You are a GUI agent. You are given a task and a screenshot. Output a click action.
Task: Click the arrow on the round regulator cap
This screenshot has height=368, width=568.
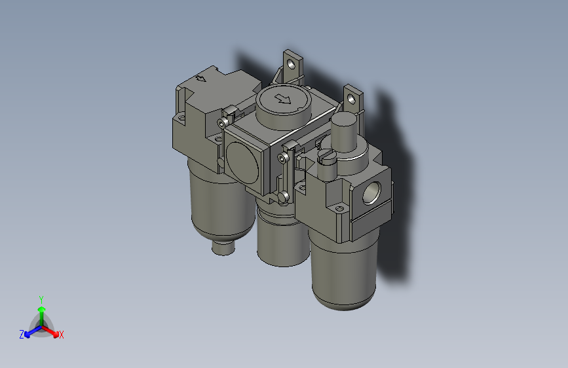pos(284,100)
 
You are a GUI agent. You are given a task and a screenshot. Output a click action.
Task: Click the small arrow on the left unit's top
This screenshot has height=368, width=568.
pos(201,79)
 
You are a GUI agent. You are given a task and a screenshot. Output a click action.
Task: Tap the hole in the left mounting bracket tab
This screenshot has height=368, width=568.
pos(290,64)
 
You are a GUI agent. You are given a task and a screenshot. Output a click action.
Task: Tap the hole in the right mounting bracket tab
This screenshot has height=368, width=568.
pos(352,99)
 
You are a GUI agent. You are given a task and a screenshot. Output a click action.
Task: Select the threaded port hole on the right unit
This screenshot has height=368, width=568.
pos(372,193)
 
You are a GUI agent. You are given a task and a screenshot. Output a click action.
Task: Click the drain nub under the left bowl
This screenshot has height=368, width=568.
pos(223,249)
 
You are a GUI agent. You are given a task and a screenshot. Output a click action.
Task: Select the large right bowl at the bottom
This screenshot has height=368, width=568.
pos(343,272)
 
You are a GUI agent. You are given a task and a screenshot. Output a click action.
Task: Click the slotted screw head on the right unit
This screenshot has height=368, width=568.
pos(326,156)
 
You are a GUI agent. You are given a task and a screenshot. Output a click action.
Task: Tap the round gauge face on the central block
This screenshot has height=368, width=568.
pos(242,160)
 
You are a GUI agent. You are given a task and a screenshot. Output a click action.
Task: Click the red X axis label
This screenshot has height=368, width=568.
pos(62,335)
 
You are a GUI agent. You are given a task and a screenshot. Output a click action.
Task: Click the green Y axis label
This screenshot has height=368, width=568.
pos(41,299)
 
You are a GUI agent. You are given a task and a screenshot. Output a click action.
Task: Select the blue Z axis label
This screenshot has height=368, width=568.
pos(22,335)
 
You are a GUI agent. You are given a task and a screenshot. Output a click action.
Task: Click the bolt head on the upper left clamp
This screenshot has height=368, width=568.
pos(225,122)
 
